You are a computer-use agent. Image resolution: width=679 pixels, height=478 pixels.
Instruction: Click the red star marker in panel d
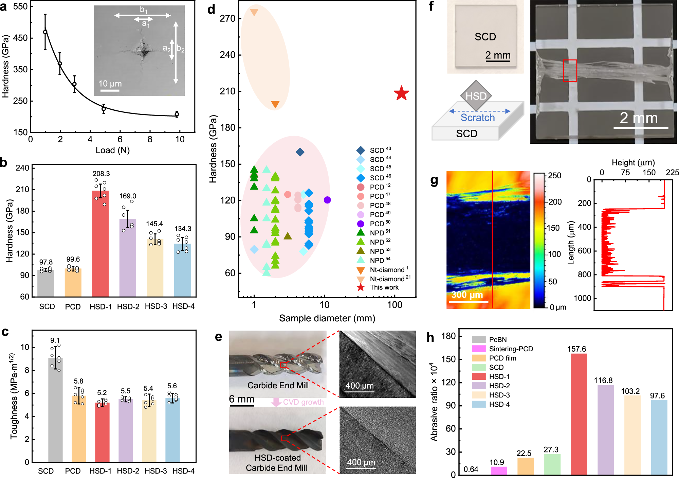click(x=401, y=93)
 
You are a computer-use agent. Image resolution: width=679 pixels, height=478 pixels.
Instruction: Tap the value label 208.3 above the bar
click(x=101, y=174)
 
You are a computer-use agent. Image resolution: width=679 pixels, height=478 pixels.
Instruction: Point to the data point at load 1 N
click(x=45, y=32)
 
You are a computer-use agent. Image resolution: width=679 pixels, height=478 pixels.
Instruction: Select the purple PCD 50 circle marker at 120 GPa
click(x=327, y=200)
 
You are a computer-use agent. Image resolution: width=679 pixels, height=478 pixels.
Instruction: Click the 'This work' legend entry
click(x=384, y=287)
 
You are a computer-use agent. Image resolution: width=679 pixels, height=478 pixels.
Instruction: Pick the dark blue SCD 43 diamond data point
click(x=300, y=152)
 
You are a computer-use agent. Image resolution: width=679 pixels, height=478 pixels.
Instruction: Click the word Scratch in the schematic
click(x=477, y=118)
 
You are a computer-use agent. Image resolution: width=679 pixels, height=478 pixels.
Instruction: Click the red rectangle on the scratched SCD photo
click(x=570, y=70)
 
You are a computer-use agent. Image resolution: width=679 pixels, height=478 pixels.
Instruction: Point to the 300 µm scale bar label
click(x=467, y=295)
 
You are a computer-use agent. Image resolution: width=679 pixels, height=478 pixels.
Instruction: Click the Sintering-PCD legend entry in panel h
click(x=511, y=349)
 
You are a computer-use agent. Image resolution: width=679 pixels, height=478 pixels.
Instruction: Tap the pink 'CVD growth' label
click(x=303, y=402)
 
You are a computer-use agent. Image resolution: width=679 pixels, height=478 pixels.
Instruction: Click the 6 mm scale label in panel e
click(x=241, y=399)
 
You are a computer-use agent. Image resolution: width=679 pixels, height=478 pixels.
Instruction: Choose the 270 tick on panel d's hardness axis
click(x=227, y=18)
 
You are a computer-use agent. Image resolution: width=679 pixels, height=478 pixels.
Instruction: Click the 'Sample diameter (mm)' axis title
click(x=327, y=318)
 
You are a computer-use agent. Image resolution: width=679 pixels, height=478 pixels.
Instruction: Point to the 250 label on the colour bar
click(x=555, y=176)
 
